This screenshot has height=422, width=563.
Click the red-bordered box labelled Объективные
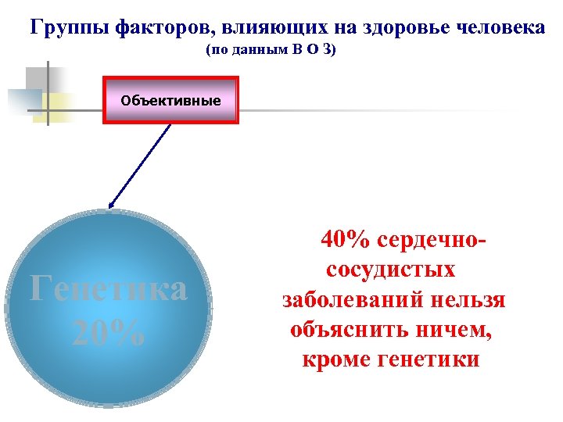[170, 101]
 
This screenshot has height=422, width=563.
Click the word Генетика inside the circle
[108, 289]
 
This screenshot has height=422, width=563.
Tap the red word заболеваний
[358, 300]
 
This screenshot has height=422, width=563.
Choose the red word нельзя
[472, 300]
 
